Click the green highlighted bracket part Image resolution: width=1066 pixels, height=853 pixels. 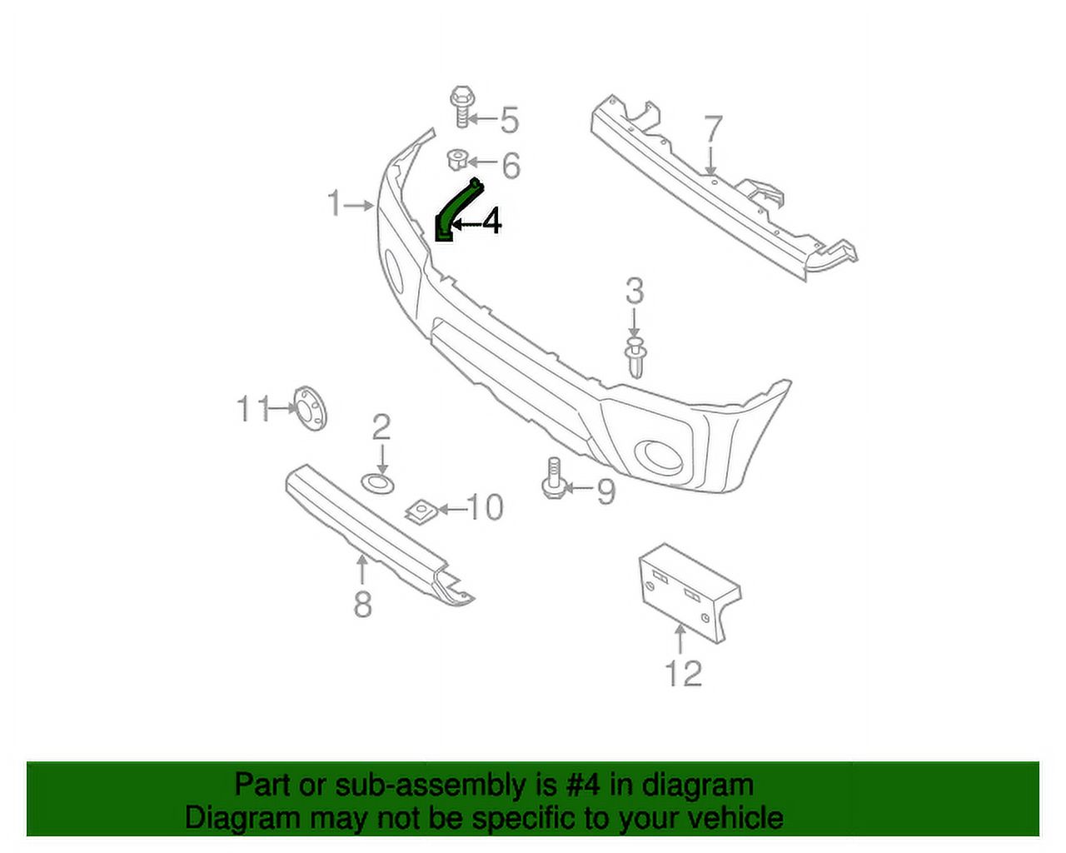click(457, 207)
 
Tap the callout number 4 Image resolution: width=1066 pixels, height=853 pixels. click(491, 222)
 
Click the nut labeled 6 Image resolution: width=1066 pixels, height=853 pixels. click(456, 158)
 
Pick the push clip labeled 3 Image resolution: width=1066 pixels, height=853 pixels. click(635, 357)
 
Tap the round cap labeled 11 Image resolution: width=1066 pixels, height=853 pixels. click(310, 409)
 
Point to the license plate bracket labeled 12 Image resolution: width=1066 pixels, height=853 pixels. click(689, 591)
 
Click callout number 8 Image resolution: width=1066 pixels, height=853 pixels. click(362, 604)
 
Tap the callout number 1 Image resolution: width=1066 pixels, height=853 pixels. click(335, 202)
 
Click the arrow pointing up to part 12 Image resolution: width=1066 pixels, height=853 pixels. click(680, 640)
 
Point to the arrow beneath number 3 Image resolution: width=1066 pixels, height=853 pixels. click(635, 322)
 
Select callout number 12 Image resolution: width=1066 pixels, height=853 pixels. click(683, 673)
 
